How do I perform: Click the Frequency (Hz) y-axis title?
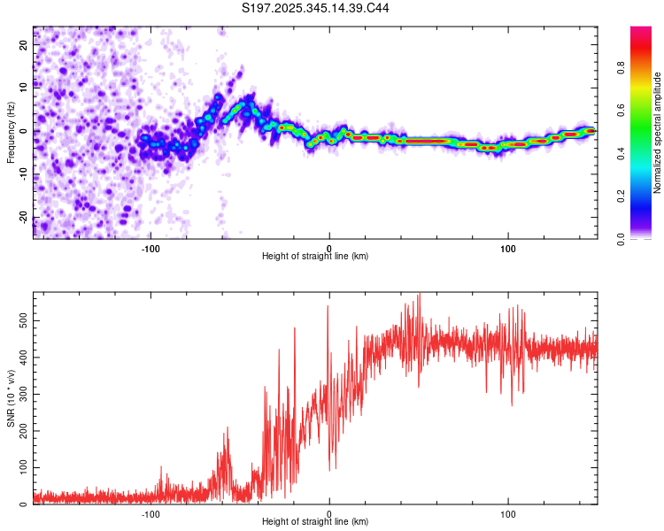pos(12,132)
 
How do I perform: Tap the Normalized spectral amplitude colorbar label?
pos(658,132)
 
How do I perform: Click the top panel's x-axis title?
pos(315,256)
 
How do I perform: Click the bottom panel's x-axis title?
pos(315,521)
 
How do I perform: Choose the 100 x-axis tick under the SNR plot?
pos(508,512)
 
